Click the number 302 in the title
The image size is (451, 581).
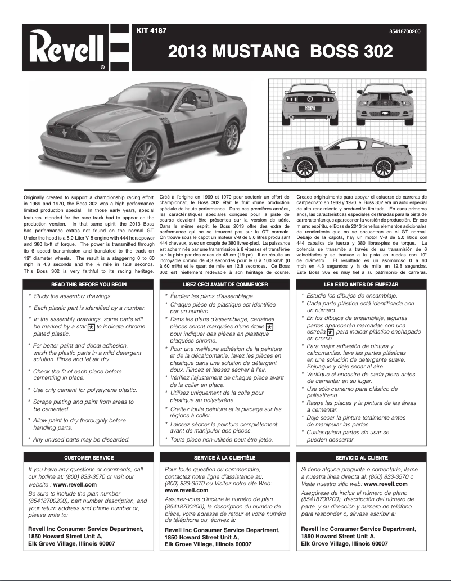373,51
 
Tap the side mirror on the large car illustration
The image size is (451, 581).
187,107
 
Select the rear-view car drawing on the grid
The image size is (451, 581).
310,101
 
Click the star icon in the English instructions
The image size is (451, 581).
92,327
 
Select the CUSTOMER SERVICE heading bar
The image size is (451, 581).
89,457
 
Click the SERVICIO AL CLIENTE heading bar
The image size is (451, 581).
362,457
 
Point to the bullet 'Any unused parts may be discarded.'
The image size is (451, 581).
82,439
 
